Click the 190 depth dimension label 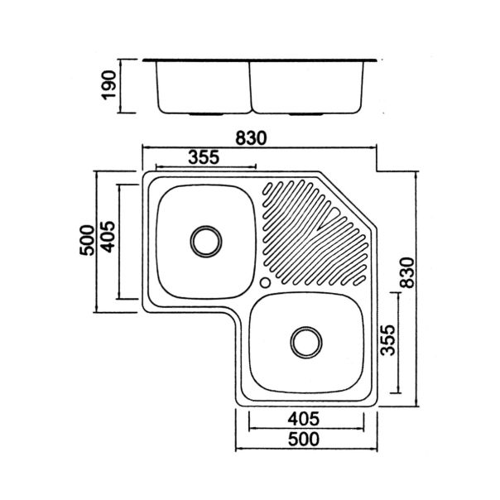point(108,85)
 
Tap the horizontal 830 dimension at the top point(250,138)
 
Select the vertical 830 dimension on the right point(408,272)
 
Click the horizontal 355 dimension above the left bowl point(204,157)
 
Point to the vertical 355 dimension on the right point(388,340)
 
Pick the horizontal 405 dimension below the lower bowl point(303,419)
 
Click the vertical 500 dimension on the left point(87,240)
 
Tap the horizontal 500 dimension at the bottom point(303,439)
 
